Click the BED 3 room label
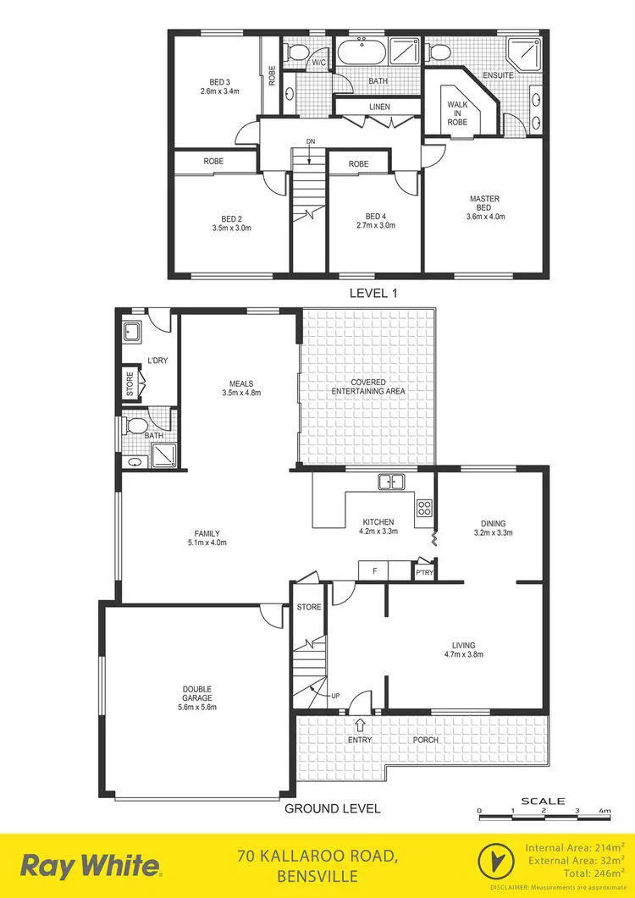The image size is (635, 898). pos(215,81)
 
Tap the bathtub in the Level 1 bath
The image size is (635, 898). pos(362,54)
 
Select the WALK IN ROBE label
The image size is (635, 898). pos(457,113)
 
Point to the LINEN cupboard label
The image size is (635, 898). pos(379,107)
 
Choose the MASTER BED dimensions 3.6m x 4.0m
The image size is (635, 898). pos(485,216)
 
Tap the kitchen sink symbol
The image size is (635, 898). pos(391,482)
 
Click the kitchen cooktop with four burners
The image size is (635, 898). pos(424,509)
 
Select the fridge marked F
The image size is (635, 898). pos(373,571)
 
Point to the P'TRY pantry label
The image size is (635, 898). pos(424,573)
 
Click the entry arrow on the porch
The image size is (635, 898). pos(361,724)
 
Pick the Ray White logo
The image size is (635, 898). pos(90,865)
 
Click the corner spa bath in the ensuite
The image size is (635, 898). pos(519,52)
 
